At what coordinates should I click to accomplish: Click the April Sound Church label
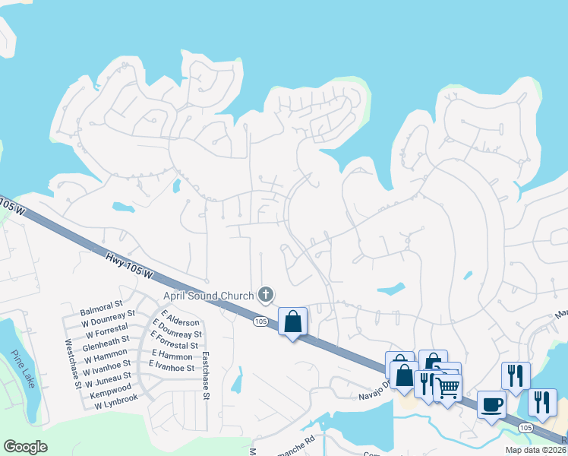click(208, 296)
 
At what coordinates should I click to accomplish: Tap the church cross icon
click(266, 294)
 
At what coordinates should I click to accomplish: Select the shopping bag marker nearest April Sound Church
click(292, 321)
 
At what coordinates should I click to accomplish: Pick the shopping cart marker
click(448, 388)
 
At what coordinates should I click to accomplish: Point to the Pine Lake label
click(23, 369)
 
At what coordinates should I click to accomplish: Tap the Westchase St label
click(73, 364)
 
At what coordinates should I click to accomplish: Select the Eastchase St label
click(206, 375)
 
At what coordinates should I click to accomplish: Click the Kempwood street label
click(110, 385)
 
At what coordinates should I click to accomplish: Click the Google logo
click(25, 447)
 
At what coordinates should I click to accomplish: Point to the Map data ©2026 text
click(535, 450)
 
